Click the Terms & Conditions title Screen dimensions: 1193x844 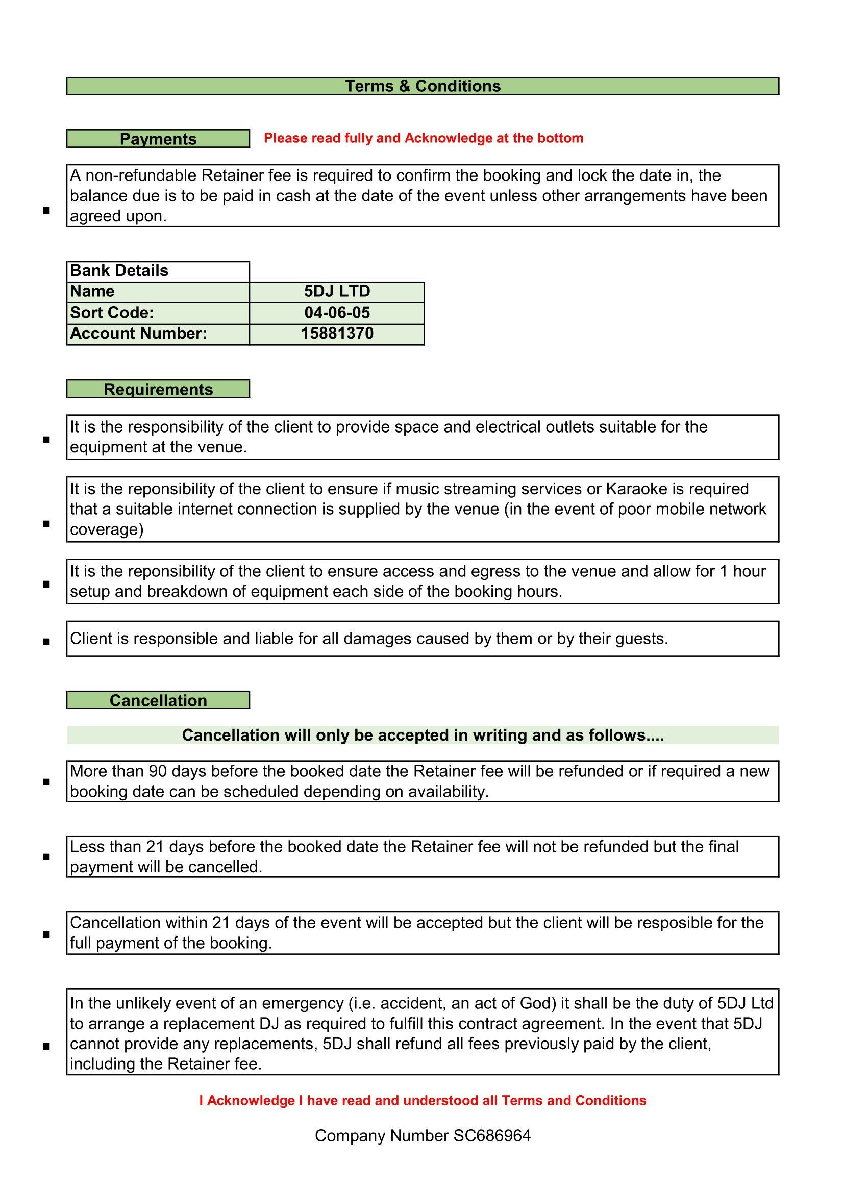(x=423, y=86)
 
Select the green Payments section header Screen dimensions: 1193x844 (x=158, y=139)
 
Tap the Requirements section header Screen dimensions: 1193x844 (x=158, y=389)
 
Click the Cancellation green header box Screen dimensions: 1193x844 (x=158, y=700)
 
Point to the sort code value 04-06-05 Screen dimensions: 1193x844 (x=337, y=312)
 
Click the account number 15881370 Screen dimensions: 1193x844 (x=337, y=333)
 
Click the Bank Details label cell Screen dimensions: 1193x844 (x=119, y=271)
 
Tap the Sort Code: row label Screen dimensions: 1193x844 (x=112, y=312)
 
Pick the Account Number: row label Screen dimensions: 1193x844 (x=139, y=333)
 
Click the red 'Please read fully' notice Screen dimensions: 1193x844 (x=423, y=138)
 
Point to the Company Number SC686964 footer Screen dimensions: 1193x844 (x=423, y=1136)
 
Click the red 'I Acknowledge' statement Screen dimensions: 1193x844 (x=423, y=1101)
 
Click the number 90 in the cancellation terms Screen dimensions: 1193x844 (x=158, y=771)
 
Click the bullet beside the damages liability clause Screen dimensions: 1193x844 (x=46, y=642)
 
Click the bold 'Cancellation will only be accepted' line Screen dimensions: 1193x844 (x=423, y=735)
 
